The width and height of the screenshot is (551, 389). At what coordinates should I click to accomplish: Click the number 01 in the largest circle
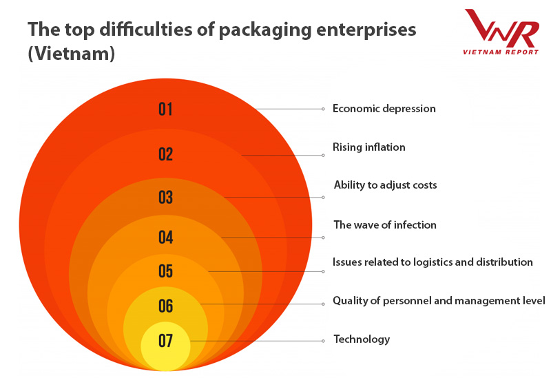click(165, 109)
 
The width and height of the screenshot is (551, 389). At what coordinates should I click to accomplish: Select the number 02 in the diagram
click(165, 154)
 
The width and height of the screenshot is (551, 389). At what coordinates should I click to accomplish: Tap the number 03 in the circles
click(165, 198)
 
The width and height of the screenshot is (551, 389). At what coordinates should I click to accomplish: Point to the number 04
click(165, 238)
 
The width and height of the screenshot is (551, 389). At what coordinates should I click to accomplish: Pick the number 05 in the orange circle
click(165, 271)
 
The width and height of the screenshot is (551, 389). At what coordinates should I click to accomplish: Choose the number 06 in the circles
click(165, 306)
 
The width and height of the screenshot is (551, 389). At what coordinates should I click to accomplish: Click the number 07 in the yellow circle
click(165, 341)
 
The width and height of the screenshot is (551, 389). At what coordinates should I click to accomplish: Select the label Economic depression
click(384, 109)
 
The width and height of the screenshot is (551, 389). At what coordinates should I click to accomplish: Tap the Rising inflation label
click(368, 147)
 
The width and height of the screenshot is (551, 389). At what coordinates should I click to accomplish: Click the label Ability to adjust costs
click(385, 185)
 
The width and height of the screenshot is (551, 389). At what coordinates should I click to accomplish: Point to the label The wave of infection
click(384, 225)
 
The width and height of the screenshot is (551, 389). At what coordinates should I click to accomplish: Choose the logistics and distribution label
click(433, 262)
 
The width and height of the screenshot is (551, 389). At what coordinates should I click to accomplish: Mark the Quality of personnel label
click(439, 301)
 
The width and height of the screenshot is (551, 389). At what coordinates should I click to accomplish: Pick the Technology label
click(362, 339)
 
